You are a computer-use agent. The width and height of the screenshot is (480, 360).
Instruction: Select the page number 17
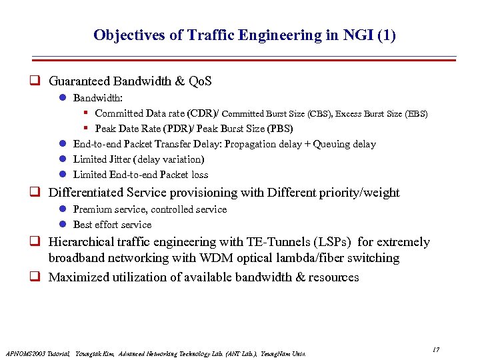(x=435, y=350)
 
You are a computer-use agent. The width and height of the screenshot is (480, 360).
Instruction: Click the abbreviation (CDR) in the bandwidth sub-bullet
(x=199, y=113)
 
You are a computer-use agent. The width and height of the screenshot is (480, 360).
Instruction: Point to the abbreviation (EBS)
(x=415, y=114)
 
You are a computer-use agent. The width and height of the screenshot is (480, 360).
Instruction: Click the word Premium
(x=92, y=209)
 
